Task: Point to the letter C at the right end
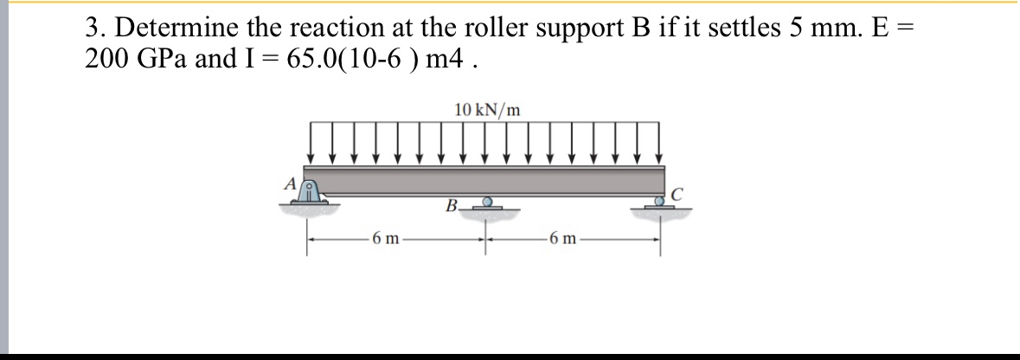677,194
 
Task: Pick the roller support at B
487,203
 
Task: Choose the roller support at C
661,202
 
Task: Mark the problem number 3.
93,28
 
